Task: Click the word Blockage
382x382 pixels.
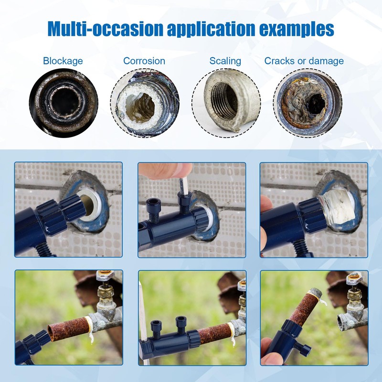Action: tap(63, 61)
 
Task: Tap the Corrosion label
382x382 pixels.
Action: tap(144, 61)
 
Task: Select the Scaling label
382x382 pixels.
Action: tap(225, 61)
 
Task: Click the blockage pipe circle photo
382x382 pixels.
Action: tap(64, 101)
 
